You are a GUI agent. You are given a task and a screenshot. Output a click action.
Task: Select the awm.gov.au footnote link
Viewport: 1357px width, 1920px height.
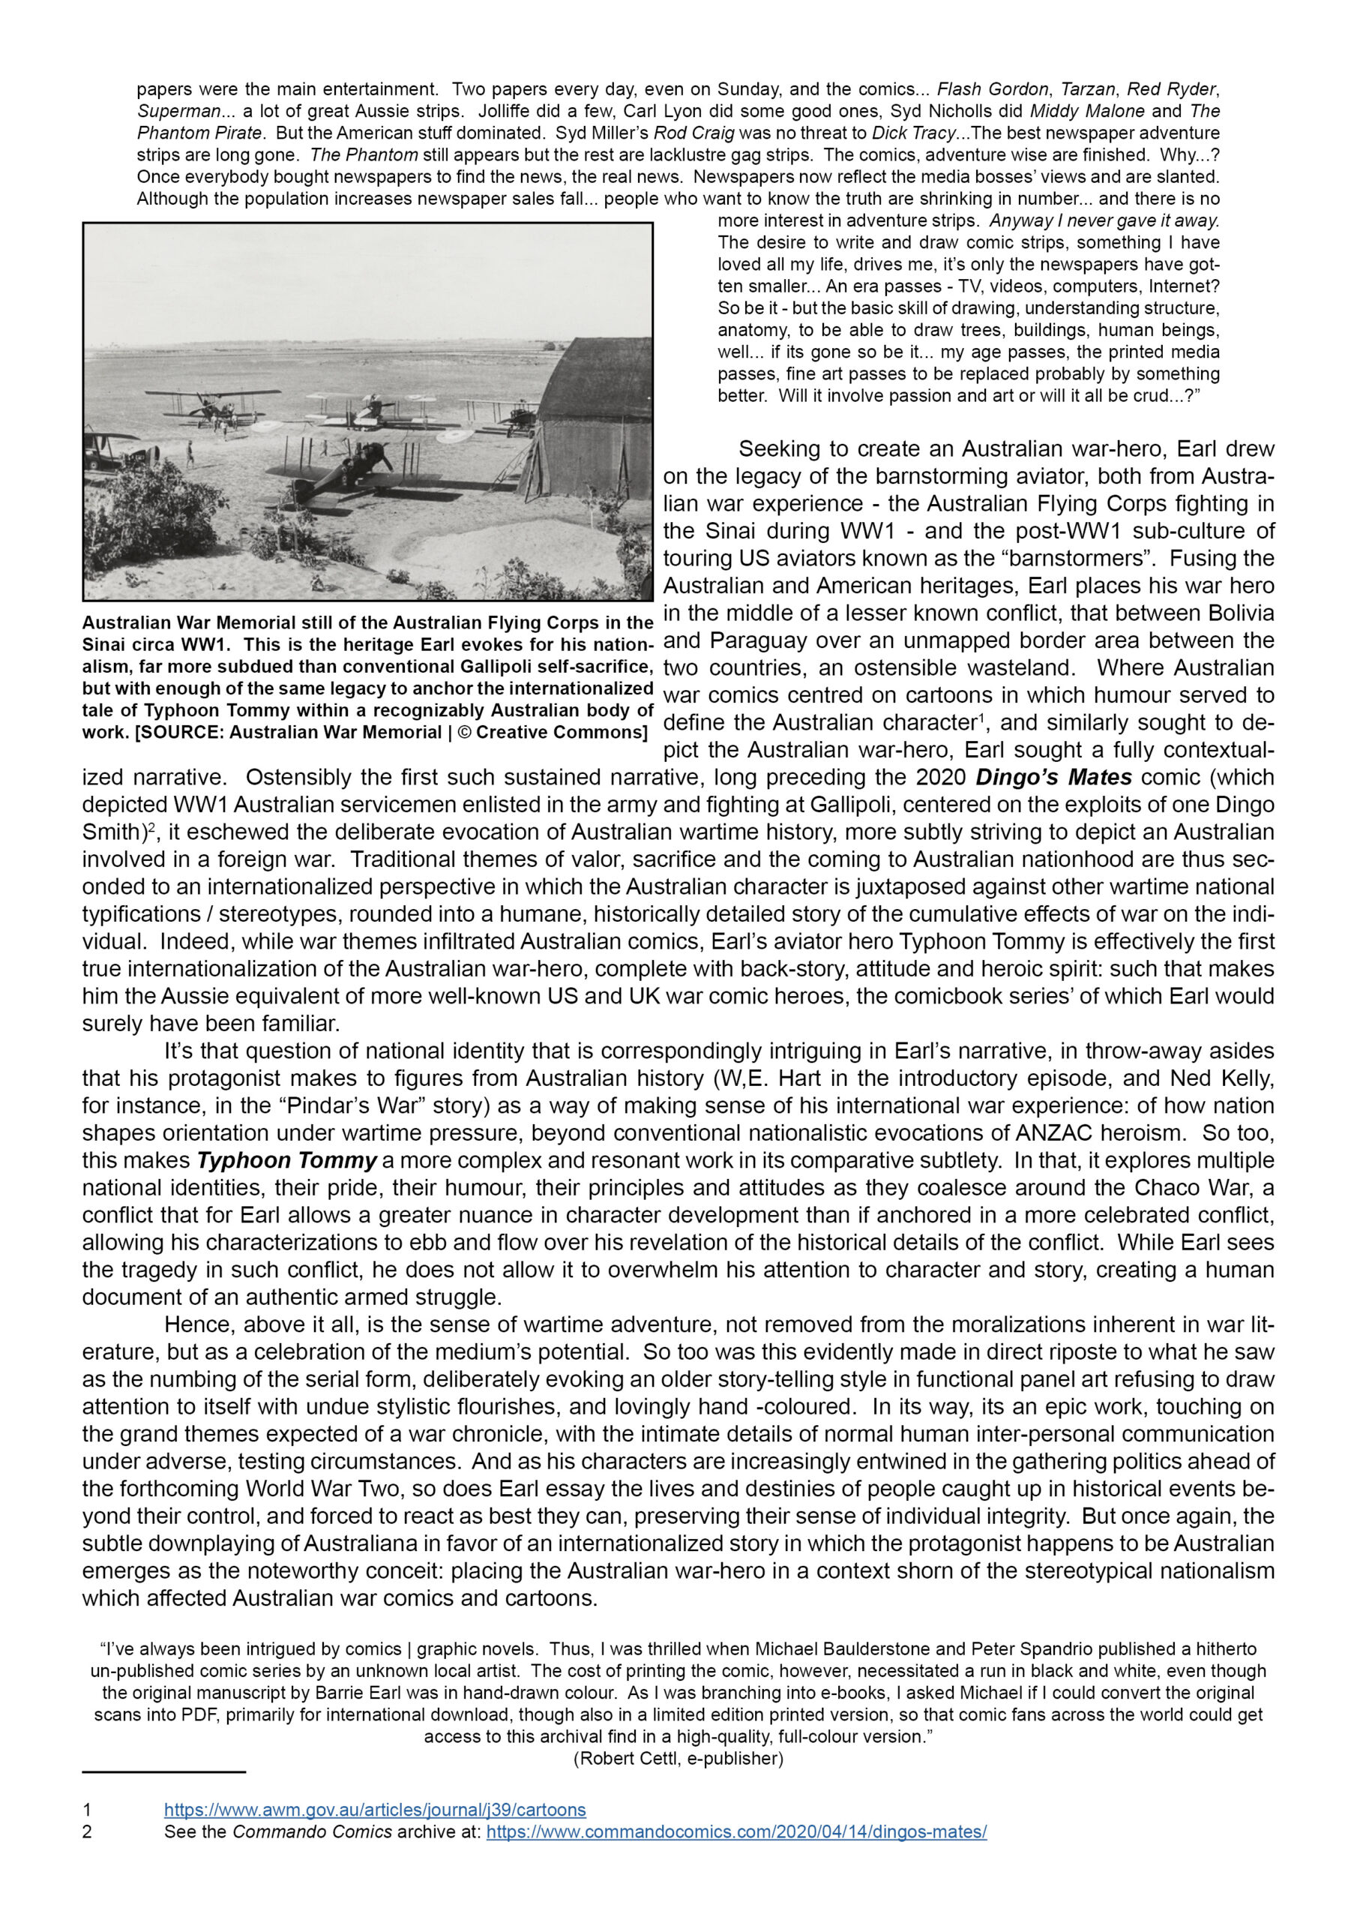[375, 1810]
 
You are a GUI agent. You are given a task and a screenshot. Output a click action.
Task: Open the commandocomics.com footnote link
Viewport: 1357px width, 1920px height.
[735, 1831]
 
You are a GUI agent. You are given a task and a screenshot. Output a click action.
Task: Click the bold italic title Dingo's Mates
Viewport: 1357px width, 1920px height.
[1053, 777]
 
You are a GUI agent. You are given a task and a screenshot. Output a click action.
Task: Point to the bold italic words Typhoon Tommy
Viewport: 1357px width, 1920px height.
[287, 1161]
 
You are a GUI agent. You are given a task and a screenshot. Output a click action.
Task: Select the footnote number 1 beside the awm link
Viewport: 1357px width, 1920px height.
[87, 1810]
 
